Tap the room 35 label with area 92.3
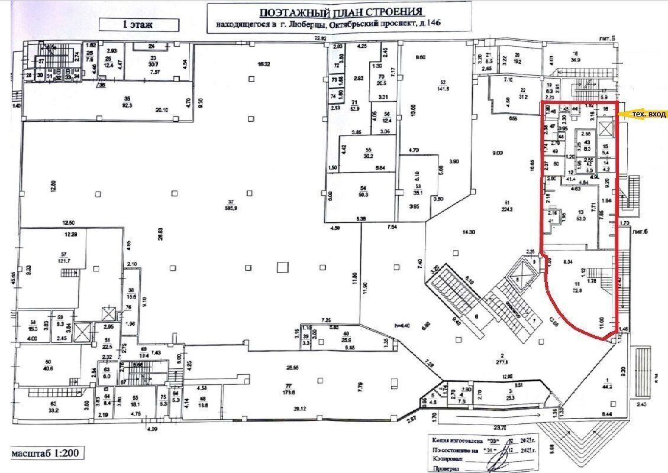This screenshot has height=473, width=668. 127,102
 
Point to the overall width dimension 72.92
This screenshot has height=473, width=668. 320,39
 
